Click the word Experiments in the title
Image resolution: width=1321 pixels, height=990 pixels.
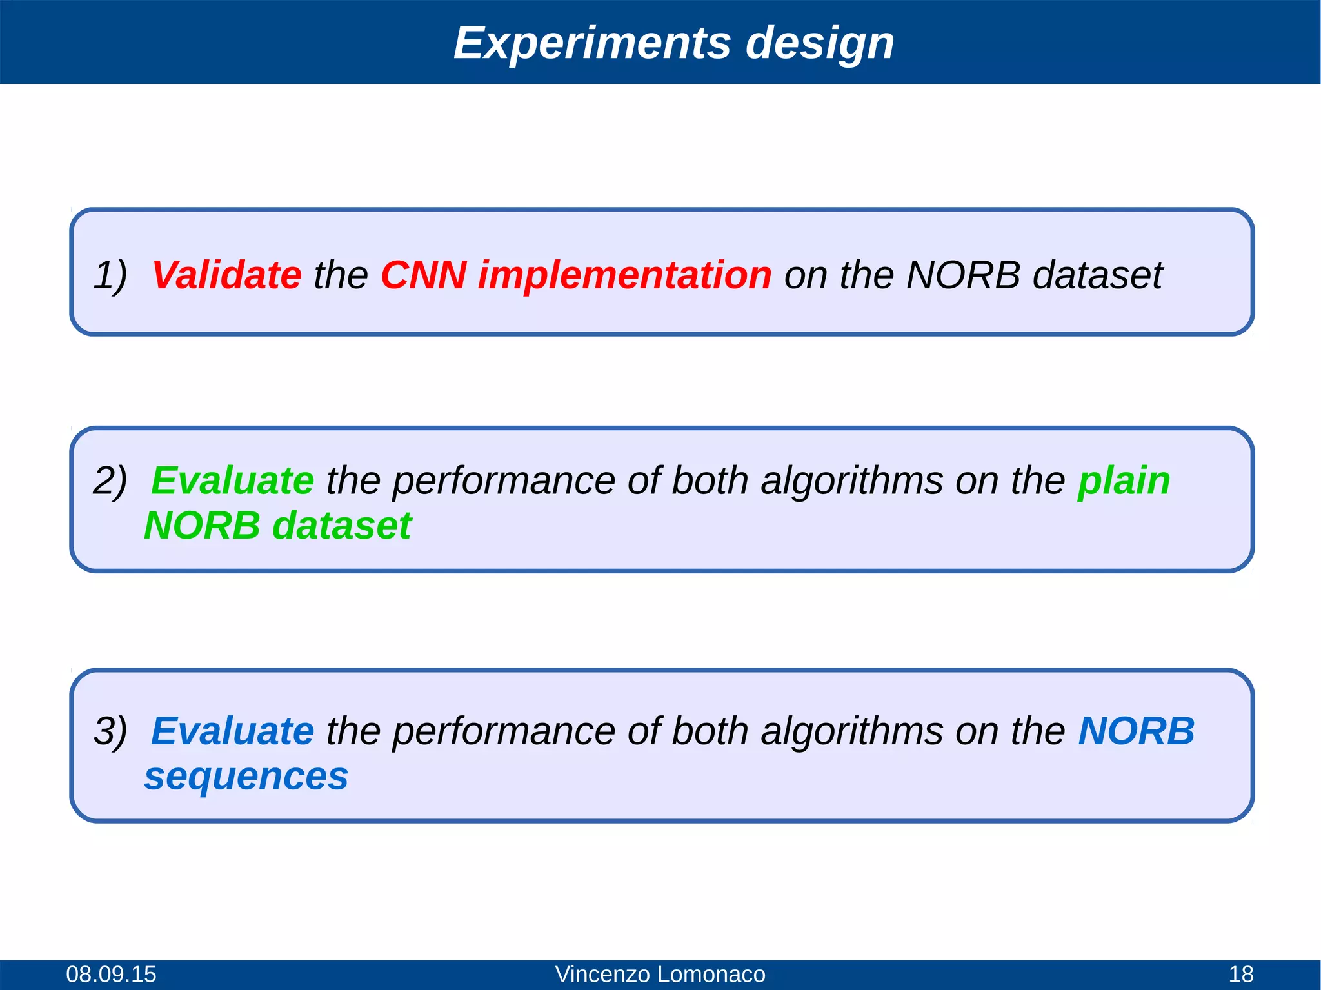click(x=592, y=43)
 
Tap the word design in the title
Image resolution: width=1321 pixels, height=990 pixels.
click(x=820, y=43)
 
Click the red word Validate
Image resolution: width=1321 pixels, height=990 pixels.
click(x=226, y=275)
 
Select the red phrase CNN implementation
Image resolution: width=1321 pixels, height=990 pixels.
click(x=576, y=275)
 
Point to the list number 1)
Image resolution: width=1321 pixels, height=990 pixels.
click(x=110, y=275)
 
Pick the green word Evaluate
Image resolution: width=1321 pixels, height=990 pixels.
click(x=232, y=480)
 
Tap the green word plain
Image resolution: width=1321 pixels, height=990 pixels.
click(x=1124, y=480)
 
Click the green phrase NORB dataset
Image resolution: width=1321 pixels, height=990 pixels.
click(x=277, y=526)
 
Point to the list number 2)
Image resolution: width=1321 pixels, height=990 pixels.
click(x=110, y=480)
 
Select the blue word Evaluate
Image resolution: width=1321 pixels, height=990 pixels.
click(x=232, y=731)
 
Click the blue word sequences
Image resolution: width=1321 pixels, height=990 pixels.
click(x=246, y=777)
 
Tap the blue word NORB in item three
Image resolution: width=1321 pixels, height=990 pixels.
click(x=1137, y=731)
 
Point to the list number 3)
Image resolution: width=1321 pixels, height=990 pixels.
click(x=110, y=731)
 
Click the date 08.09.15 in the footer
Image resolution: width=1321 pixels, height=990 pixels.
click(x=111, y=974)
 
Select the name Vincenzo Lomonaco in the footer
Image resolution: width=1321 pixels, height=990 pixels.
click(x=660, y=974)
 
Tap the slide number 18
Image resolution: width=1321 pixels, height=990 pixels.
click(x=1241, y=974)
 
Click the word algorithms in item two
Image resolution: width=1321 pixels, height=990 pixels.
click(x=851, y=480)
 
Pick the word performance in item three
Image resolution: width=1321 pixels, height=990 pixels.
click(x=503, y=731)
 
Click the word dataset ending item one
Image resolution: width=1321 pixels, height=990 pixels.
click(x=1097, y=275)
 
